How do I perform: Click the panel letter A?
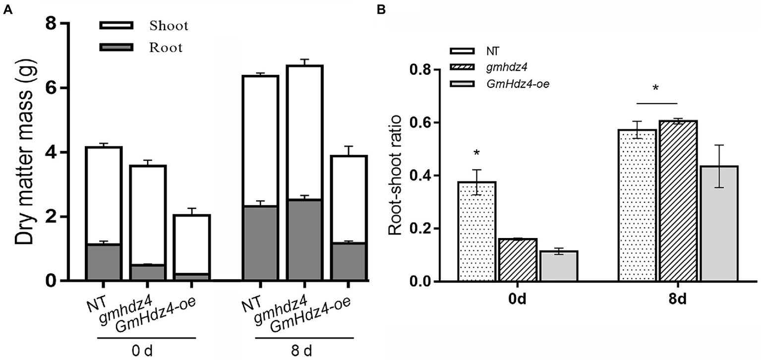tap(7, 10)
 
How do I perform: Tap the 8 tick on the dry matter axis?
tap(50, 24)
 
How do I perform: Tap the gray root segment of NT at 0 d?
tap(103, 262)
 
